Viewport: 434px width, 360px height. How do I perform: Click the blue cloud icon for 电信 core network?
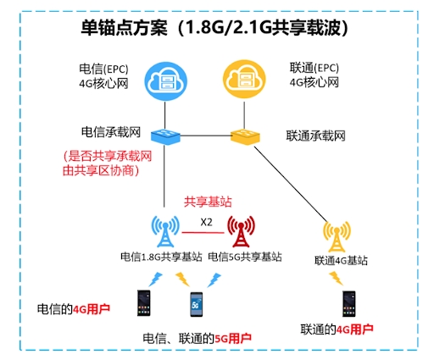166,81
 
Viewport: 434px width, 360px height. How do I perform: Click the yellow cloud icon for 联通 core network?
244,79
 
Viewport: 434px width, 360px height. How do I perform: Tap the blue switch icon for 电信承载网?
165,136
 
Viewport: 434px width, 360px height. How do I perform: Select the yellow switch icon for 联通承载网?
245,136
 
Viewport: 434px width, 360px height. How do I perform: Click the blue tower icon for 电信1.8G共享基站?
165,231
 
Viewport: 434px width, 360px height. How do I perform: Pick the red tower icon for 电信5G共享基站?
241,231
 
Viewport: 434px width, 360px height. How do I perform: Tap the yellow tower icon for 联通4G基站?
337,236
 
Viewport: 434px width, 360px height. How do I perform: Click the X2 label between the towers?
206,222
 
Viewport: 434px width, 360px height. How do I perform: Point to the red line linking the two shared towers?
203,233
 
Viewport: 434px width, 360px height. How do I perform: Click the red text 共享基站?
208,202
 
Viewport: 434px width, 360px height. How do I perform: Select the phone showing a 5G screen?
197,304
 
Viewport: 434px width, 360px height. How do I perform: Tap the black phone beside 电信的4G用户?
144,302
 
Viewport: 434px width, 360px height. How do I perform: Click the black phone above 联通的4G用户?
349,304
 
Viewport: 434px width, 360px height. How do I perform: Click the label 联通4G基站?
341,260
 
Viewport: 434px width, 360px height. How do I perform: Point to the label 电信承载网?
111,132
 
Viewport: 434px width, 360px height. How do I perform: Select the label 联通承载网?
315,136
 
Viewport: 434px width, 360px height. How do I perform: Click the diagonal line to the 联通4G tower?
291,184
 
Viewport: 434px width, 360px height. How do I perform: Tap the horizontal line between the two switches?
206,136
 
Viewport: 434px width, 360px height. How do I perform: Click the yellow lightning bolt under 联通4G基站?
336,278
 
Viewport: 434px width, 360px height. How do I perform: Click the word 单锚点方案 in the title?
125,28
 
